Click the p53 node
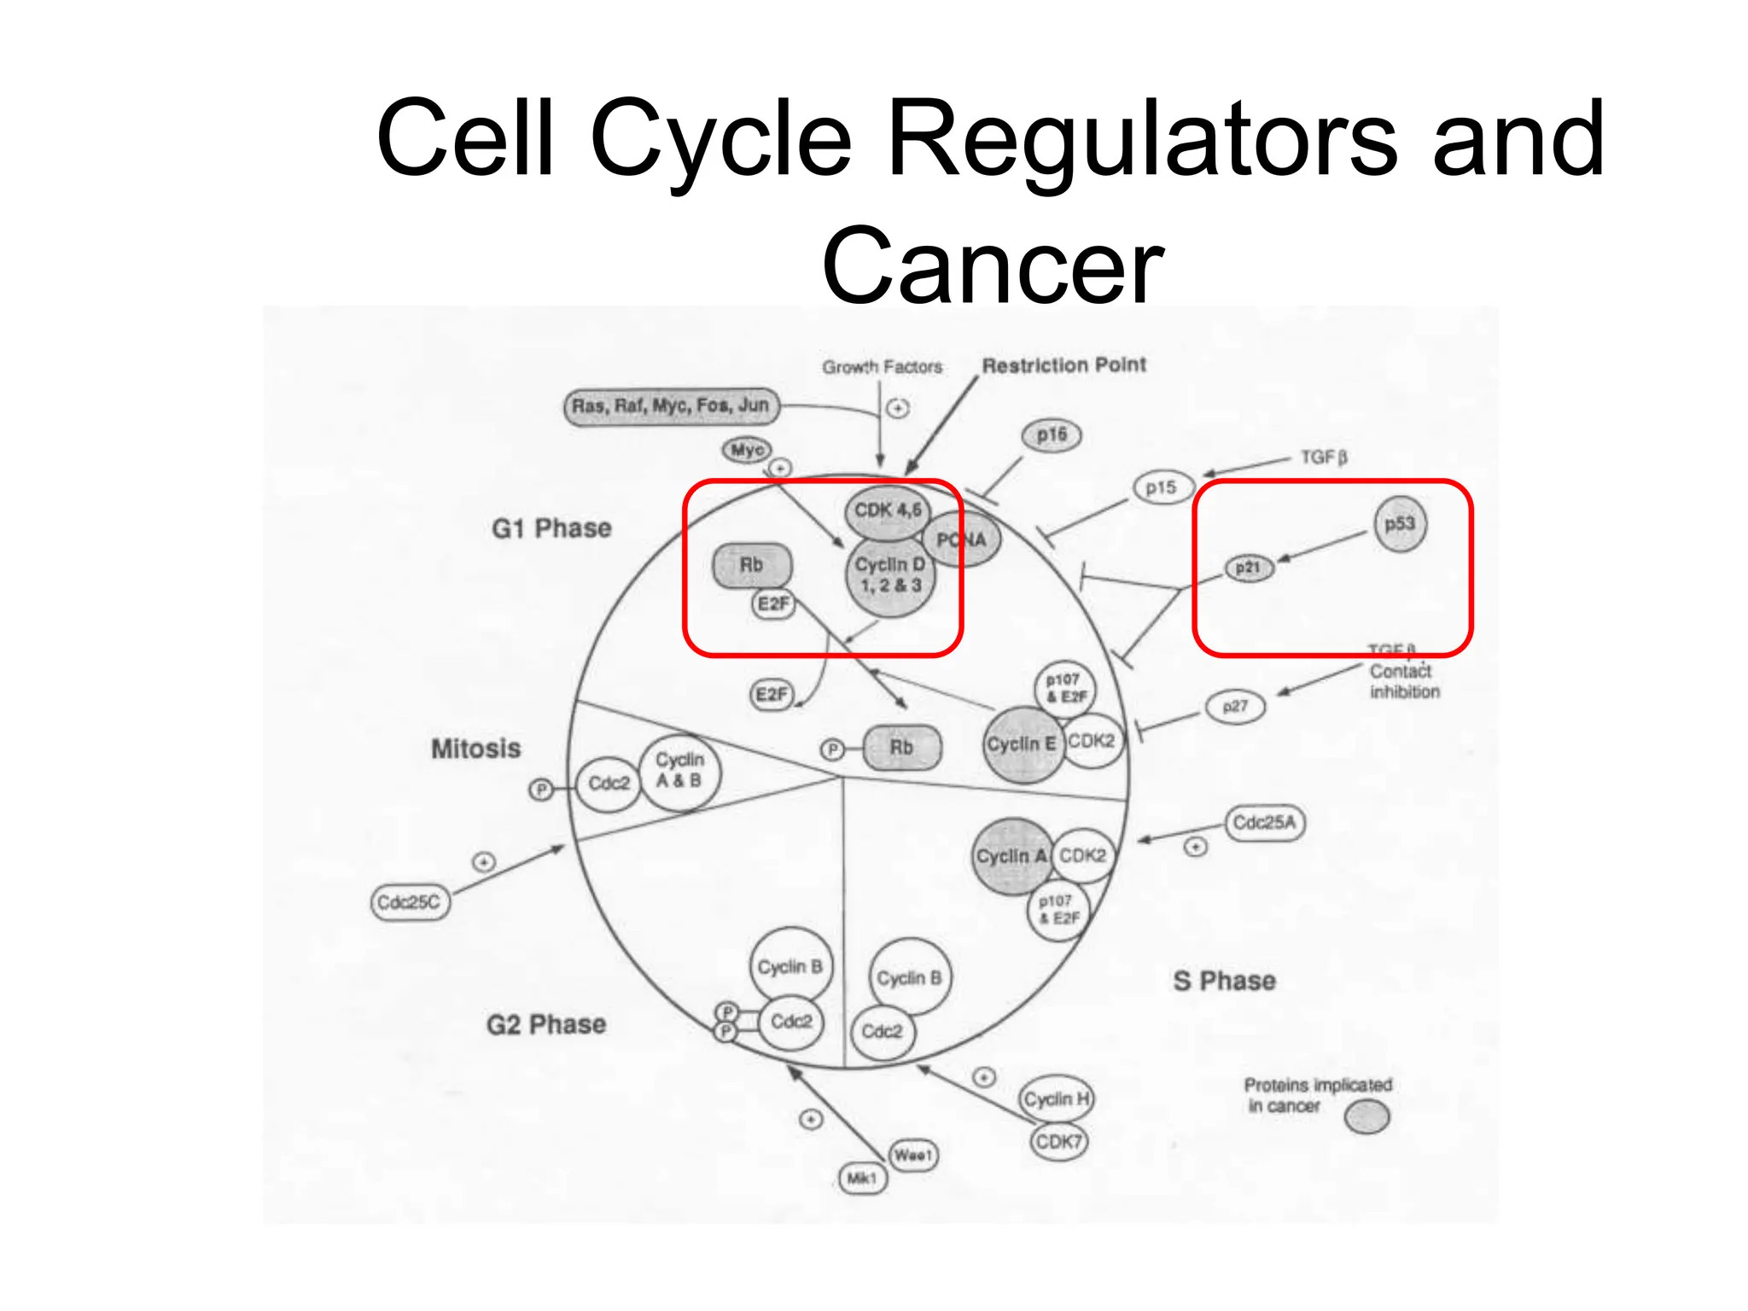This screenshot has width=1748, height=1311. (1400, 524)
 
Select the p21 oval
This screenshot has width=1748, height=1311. (1249, 568)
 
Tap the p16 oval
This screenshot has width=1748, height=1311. (1052, 435)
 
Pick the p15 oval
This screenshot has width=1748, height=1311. (1161, 488)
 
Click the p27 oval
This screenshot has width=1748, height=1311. (1235, 707)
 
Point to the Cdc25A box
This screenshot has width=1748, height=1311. (1265, 823)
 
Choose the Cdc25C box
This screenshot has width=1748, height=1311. (410, 902)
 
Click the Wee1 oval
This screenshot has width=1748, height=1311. (912, 1156)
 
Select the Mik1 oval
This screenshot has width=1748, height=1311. (862, 1179)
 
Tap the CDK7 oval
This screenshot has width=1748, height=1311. (1058, 1142)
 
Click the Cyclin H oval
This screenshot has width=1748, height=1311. (1057, 1099)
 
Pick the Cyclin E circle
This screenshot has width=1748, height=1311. (1022, 745)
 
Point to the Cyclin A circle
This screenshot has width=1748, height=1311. (1011, 857)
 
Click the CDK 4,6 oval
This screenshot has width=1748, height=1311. (888, 511)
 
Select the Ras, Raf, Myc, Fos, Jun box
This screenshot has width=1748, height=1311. (671, 406)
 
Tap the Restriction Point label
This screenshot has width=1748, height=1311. (1063, 365)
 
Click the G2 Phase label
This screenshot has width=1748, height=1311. (546, 1024)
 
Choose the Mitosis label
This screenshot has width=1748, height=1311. (475, 749)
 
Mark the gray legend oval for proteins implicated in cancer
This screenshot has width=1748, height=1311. (1366, 1116)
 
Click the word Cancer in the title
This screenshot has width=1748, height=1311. (993, 266)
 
